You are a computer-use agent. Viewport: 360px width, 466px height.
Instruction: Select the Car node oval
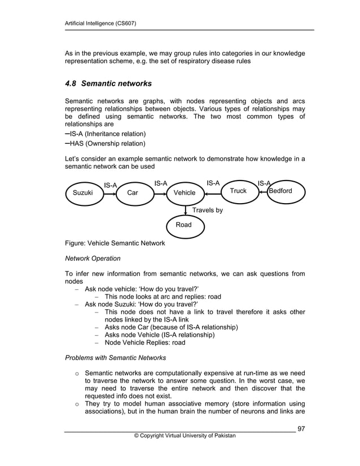pyautogui.click(x=133, y=193)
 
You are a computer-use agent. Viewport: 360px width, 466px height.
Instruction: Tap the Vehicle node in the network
pyautogui.click(x=185, y=193)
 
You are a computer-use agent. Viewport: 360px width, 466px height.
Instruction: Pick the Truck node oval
pyautogui.click(x=238, y=191)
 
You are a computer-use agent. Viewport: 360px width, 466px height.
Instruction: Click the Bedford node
pyautogui.click(x=284, y=191)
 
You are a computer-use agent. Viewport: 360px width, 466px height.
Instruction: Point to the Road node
pyautogui.click(x=184, y=225)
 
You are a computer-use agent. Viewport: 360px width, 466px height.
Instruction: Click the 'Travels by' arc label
pyautogui.click(x=208, y=210)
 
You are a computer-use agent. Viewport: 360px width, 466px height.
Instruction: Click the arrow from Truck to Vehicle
pyautogui.click(x=213, y=194)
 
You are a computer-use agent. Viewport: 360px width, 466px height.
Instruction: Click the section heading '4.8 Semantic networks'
pyautogui.click(x=109, y=84)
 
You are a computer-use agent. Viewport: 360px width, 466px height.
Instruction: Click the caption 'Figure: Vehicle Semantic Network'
pyautogui.click(x=116, y=243)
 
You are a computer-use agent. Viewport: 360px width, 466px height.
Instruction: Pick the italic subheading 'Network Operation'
pyautogui.click(x=93, y=258)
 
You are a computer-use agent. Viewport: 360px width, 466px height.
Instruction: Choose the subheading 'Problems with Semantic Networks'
pyautogui.click(x=116, y=358)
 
